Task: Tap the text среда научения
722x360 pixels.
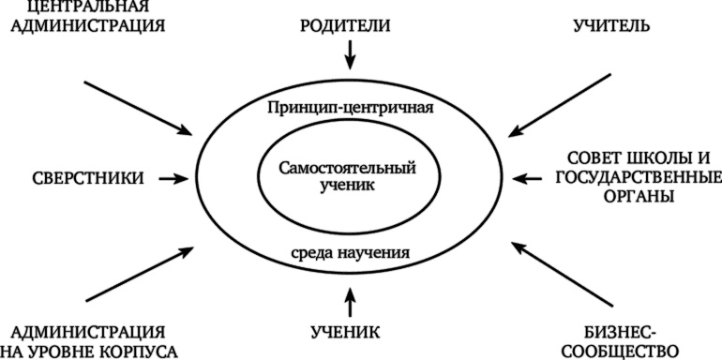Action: click(349, 252)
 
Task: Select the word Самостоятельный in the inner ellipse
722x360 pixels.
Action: click(348, 168)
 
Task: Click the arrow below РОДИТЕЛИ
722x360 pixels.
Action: click(351, 55)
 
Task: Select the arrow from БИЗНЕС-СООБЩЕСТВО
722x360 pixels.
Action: click(549, 272)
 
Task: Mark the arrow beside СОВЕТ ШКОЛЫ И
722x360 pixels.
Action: click(529, 176)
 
